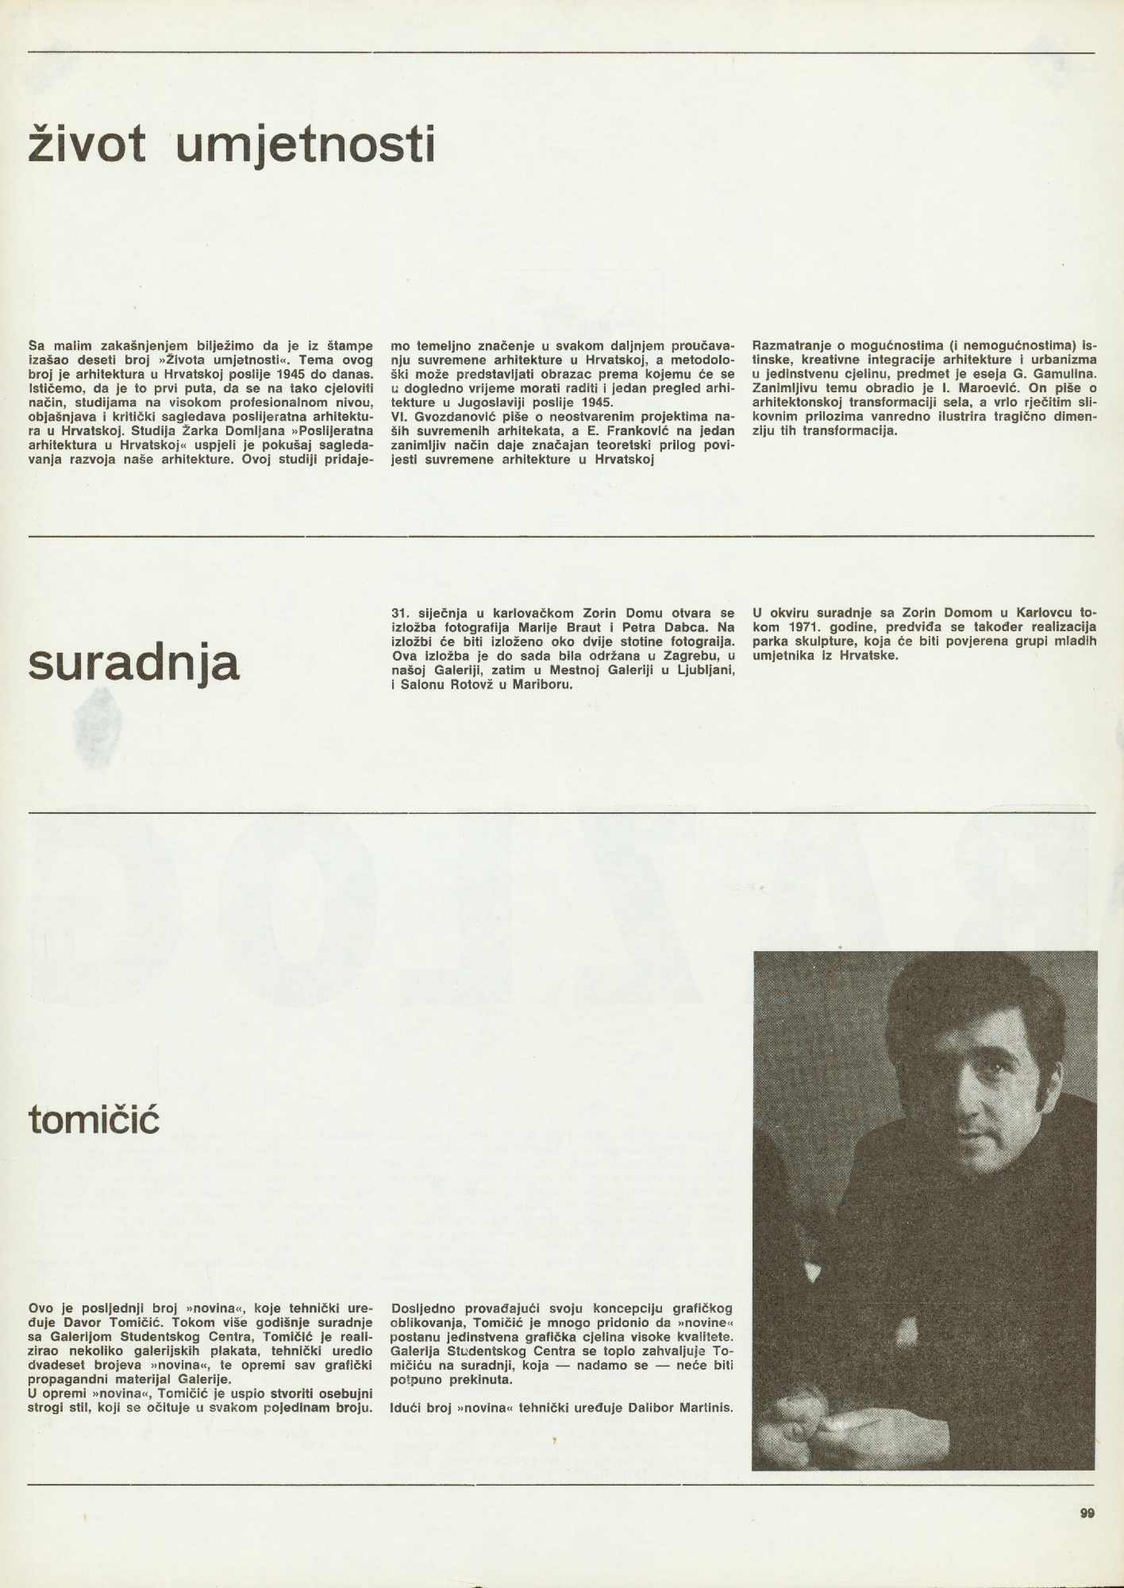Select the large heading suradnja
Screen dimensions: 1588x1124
(x=133, y=665)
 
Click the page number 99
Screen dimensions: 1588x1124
(x=1087, y=1513)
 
